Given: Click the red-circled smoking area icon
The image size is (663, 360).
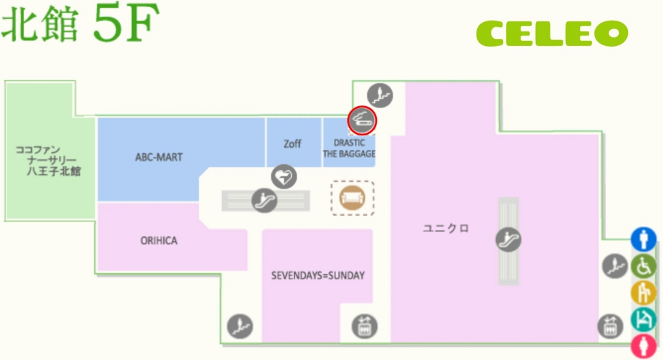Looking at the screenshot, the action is [x=362, y=120].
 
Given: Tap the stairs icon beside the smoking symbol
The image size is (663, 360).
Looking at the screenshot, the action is [x=379, y=95].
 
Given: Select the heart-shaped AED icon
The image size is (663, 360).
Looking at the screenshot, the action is [x=284, y=176].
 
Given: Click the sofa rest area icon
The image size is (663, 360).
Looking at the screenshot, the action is [x=353, y=197].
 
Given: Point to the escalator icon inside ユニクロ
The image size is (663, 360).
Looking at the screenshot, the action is [x=508, y=240].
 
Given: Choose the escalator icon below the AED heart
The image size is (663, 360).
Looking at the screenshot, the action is [x=264, y=200].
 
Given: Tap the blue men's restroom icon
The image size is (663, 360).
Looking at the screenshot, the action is [x=644, y=239].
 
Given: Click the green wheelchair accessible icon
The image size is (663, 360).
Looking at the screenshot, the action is [x=644, y=266].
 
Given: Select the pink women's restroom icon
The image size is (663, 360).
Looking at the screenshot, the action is [x=644, y=346].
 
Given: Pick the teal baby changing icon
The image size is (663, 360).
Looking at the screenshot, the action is [x=644, y=319].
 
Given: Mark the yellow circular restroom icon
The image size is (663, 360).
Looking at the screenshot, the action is [x=644, y=293].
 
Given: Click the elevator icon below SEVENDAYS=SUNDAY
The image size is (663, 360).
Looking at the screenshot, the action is [x=365, y=326].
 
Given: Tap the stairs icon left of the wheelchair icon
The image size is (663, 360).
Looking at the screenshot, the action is [x=615, y=266].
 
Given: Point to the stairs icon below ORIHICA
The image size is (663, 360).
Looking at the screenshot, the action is [x=240, y=326].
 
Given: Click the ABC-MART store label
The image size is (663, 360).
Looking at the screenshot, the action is [x=159, y=157].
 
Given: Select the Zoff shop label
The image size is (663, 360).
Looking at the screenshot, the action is [x=292, y=144].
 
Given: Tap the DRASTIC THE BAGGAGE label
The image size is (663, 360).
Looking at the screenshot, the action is [x=349, y=148].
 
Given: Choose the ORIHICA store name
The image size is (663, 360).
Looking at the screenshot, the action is [x=159, y=241].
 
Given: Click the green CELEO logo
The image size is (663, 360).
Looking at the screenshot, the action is [x=552, y=34].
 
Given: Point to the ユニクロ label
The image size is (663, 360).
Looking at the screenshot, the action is [x=446, y=229].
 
